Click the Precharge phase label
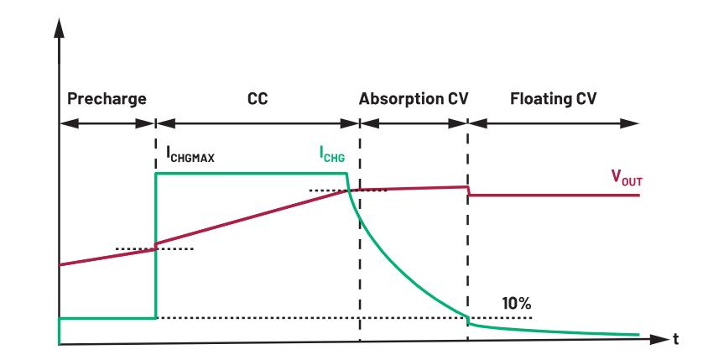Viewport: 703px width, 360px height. pyautogui.click(x=107, y=98)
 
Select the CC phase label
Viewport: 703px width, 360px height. pyautogui.click(x=257, y=98)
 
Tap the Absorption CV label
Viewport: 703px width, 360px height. pyautogui.click(x=413, y=98)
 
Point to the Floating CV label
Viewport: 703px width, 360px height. pyautogui.click(x=553, y=98)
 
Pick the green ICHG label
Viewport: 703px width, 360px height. pyautogui.click(x=332, y=154)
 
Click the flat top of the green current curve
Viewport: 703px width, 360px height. pyautogui.click(x=252, y=174)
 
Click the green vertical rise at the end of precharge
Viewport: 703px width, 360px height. pyautogui.click(x=156, y=252)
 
